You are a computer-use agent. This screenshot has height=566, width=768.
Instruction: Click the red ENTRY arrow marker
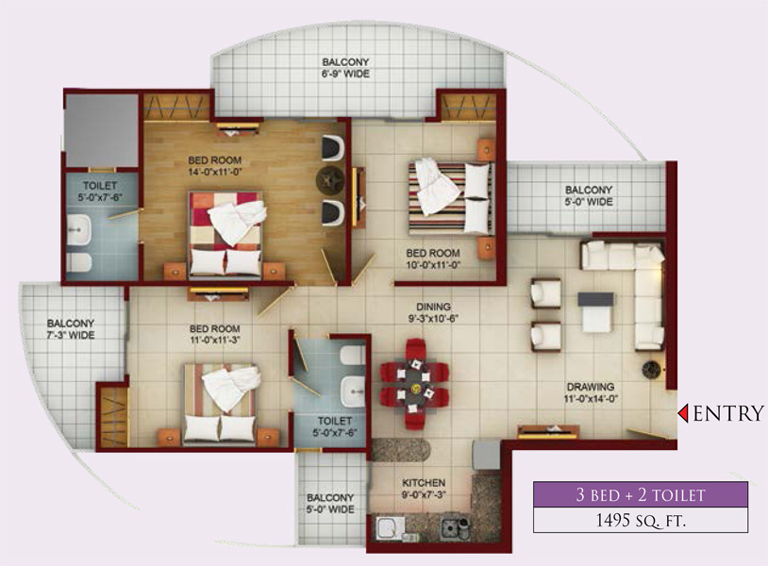coord(683,413)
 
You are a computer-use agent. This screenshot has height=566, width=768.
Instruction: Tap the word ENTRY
coord(728,414)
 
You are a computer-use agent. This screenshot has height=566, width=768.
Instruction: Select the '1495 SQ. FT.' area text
coord(641,520)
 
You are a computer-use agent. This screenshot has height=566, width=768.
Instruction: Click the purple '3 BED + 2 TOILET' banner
coord(641,494)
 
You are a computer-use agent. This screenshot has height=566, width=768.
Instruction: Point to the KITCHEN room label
coord(424,483)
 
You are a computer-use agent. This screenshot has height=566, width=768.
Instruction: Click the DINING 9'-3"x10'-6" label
coord(433,313)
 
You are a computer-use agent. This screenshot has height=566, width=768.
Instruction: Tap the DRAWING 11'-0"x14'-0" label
coord(591,392)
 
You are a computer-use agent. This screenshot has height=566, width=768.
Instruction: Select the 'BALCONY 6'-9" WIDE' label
coord(346,68)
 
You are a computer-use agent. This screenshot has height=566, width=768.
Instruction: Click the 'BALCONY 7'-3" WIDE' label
coord(71,329)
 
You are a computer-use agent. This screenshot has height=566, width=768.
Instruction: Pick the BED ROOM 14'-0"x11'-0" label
coord(215,166)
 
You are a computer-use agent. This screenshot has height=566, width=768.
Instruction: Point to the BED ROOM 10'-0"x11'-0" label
coord(433,259)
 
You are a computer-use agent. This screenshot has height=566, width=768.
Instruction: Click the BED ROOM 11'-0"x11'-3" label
coord(214,334)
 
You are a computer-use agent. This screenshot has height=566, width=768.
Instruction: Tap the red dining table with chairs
coord(415,384)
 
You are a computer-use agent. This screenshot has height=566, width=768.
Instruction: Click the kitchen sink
coord(390,528)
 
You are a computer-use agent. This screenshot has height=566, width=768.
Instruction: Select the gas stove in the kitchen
coord(455,526)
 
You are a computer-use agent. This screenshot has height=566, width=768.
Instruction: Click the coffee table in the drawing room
coord(595,312)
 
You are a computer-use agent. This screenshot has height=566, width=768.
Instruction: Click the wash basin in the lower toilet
coord(353,391)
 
